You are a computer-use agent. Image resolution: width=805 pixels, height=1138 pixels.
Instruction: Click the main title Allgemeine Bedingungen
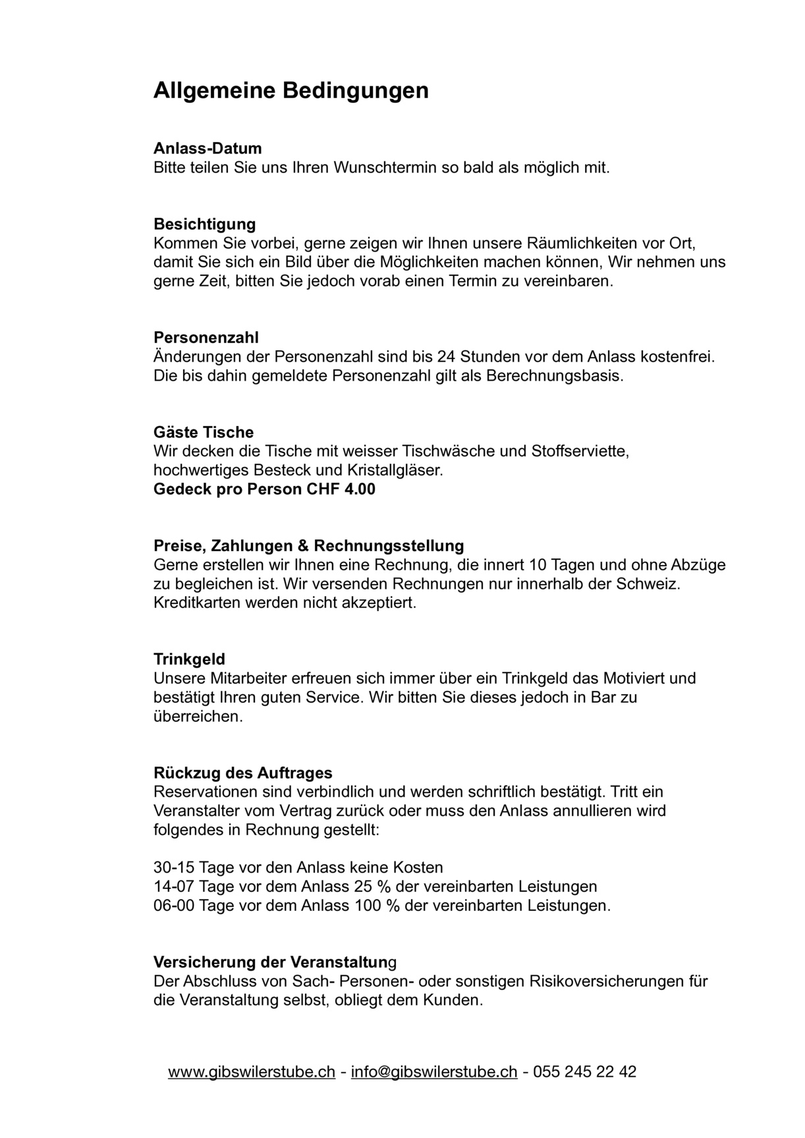coord(291,90)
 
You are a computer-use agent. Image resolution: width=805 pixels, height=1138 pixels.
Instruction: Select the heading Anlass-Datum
coord(208,148)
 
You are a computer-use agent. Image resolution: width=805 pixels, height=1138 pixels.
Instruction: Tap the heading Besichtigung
coord(204,224)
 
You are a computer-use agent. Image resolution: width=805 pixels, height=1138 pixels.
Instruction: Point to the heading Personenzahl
coord(206,338)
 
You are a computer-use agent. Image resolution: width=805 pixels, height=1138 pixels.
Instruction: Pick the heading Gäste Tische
coord(204,432)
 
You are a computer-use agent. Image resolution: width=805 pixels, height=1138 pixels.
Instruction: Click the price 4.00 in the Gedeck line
coord(360,489)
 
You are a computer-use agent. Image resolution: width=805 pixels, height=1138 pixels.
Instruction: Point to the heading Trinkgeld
coord(189,659)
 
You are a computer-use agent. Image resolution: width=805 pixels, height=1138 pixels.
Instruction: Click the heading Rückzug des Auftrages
coord(243,772)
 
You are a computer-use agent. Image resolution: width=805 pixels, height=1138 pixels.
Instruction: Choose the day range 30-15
coord(174,867)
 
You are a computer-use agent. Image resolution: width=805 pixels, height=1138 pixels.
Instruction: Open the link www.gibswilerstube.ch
coord(251,1071)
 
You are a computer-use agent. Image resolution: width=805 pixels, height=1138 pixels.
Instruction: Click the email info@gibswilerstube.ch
coord(434,1071)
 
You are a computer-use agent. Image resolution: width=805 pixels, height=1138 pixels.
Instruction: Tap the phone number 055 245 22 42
coord(584,1071)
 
